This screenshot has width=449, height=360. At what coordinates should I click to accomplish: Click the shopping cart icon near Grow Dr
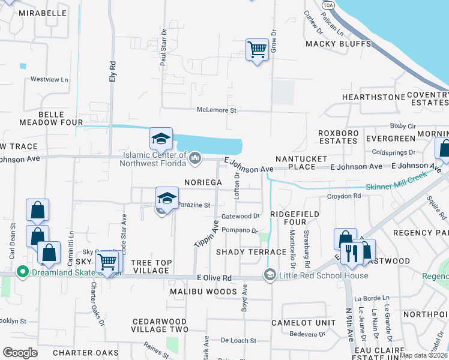(x=257, y=49)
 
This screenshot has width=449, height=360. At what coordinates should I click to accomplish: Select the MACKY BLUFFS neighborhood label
(x=331, y=44)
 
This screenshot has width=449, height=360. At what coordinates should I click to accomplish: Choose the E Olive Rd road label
(x=214, y=278)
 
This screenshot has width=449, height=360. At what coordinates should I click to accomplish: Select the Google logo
(x=20, y=353)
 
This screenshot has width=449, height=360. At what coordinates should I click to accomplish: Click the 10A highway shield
(x=327, y=4)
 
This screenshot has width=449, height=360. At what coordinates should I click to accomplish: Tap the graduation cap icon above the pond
(x=161, y=139)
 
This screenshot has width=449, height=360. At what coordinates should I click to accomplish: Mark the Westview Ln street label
(x=49, y=79)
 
